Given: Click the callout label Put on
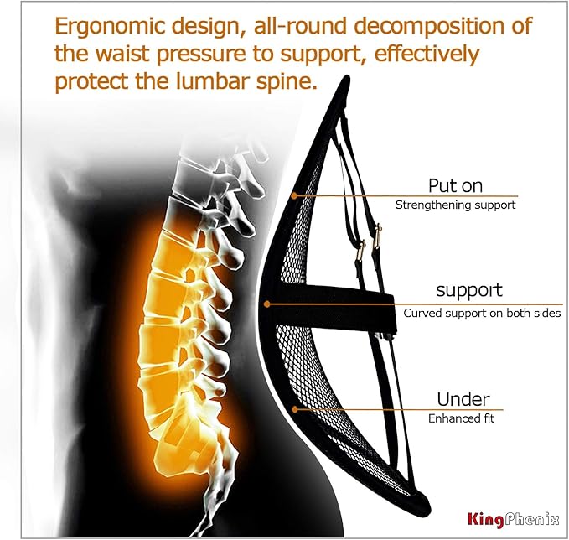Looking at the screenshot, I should (x=454, y=185).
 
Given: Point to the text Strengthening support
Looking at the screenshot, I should (x=454, y=205).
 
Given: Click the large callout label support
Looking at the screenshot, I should (x=468, y=291).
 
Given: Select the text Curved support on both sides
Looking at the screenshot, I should (x=481, y=313).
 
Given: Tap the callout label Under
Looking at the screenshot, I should (x=463, y=399).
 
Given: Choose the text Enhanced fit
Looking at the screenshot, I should (x=461, y=418).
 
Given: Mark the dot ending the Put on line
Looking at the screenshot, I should (x=294, y=195).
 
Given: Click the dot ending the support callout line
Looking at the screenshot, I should (x=267, y=303).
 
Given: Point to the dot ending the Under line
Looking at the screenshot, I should (x=294, y=409).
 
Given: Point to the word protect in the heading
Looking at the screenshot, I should (x=94, y=83).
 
